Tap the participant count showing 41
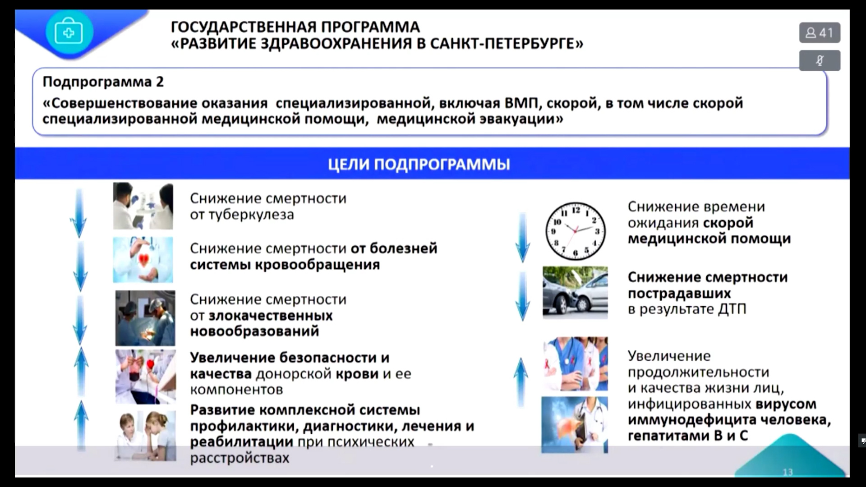(820, 32)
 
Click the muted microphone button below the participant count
(820, 60)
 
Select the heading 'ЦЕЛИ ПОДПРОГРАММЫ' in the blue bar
(419, 164)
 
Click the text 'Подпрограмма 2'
(103, 82)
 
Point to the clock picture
(575, 231)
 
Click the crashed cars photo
(575, 293)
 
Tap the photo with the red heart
(143, 260)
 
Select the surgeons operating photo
(145, 318)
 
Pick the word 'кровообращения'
(317, 265)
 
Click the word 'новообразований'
(254, 331)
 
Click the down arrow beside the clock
(522, 237)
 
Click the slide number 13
(788, 472)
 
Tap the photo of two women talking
(145, 435)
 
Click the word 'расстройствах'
(240, 458)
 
